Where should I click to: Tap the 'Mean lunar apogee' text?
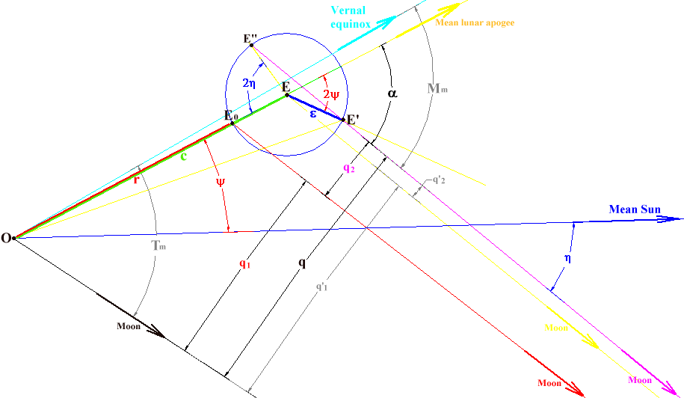coord(474,23)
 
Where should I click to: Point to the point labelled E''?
coord(252,45)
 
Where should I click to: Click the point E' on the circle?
coord(344,120)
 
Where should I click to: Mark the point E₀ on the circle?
coord(232,123)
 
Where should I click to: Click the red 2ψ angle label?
coord(331,95)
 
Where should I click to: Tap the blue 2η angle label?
coord(251,85)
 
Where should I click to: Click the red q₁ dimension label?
coord(244,263)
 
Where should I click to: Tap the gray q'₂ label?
coord(441,180)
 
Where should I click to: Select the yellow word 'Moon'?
coord(556,328)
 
